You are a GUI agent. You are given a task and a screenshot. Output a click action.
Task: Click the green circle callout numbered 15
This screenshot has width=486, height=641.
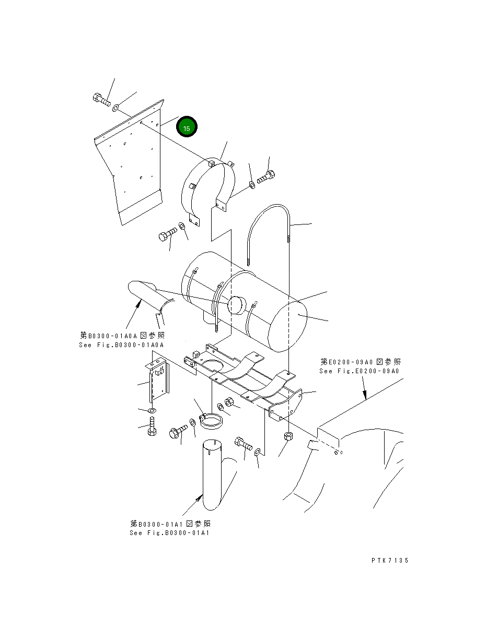click(187, 127)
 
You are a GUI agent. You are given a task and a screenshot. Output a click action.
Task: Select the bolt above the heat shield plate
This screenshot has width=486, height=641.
click(101, 99)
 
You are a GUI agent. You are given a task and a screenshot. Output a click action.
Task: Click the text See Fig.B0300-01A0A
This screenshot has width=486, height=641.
click(121, 345)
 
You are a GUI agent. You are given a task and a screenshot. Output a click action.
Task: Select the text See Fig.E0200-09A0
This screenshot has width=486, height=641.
click(360, 371)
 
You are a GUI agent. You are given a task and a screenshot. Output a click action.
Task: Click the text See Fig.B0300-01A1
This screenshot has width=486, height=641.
click(170, 533)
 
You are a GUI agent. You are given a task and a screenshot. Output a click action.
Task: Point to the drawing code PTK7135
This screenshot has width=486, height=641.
click(390, 560)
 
